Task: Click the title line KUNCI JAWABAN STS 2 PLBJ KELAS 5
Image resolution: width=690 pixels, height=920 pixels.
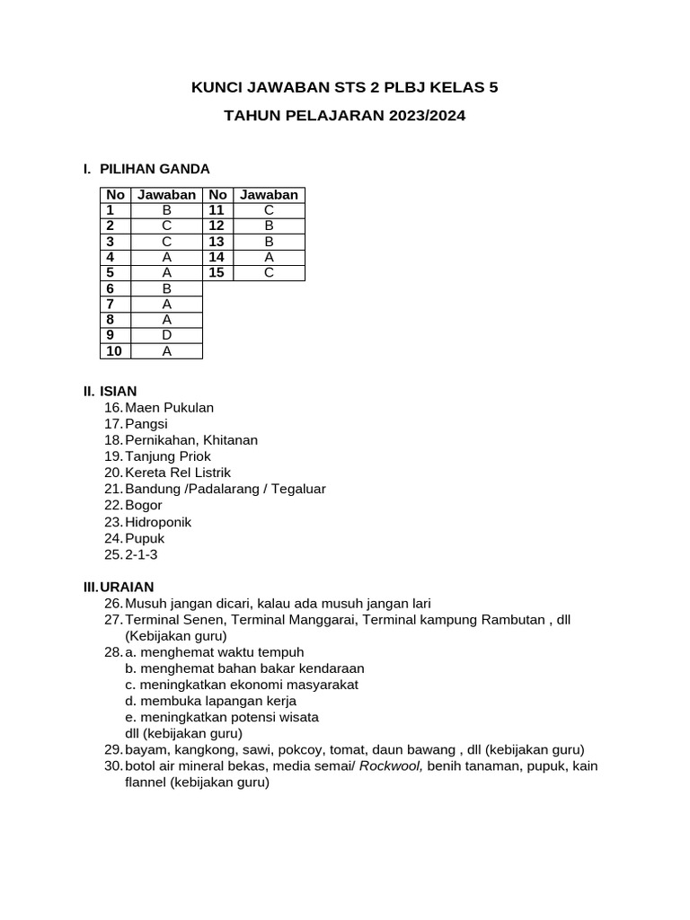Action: (x=345, y=87)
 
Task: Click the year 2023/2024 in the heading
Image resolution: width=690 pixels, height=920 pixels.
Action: (x=428, y=116)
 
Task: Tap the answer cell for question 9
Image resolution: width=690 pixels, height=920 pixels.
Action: (x=166, y=335)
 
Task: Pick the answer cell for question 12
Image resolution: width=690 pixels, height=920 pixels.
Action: (x=269, y=226)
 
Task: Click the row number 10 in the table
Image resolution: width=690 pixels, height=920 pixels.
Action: (x=115, y=351)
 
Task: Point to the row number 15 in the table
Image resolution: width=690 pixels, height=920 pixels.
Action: (x=217, y=273)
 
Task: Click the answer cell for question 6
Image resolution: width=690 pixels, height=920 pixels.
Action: (x=166, y=288)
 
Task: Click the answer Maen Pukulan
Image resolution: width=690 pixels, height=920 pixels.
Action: (x=169, y=408)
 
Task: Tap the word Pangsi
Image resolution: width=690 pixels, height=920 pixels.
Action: (x=146, y=424)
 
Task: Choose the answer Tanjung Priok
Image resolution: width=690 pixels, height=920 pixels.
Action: (x=168, y=456)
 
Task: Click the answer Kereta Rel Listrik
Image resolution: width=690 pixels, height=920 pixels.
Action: (x=178, y=473)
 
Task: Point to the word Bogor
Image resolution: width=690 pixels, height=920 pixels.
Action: (x=144, y=505)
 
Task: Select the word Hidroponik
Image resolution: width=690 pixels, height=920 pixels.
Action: (x=158, y=522)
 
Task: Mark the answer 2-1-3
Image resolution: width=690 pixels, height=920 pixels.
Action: (x=141, y=554)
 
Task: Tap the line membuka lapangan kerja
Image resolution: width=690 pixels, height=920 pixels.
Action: (x=218, y=701)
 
